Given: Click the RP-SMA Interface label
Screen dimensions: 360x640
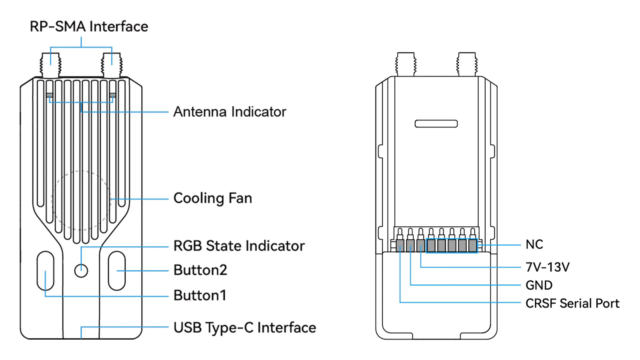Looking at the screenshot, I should [89, 27].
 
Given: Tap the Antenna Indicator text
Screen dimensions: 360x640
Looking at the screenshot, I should [230, 112].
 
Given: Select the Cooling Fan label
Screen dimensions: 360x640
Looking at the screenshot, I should [212, 198].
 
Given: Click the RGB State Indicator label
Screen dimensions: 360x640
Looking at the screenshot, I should [239, 246].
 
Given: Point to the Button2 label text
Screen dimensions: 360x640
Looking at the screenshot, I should [200, 270].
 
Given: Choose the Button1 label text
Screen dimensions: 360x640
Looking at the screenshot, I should [200, 296].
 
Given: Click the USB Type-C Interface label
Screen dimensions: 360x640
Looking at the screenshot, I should [244, 328].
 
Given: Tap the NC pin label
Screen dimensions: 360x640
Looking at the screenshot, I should [534, 244].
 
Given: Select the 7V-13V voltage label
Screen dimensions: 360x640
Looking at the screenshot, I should [547, 267].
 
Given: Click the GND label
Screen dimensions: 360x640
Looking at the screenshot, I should [539, 285].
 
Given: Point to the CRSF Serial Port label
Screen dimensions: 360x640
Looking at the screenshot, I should [572, 304].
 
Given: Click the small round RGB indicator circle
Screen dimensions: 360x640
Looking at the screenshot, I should [81, 271].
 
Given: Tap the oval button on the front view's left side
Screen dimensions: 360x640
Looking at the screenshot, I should [45, 271].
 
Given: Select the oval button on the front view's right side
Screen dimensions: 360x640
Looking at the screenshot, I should [117, 271].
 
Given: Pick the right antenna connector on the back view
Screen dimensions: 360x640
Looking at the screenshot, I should [467, 64].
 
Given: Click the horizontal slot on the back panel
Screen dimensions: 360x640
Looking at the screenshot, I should [436, 124].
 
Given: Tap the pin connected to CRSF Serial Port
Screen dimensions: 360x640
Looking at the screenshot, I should [400, 245].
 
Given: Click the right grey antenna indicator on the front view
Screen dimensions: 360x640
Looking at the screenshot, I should [113, 95].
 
